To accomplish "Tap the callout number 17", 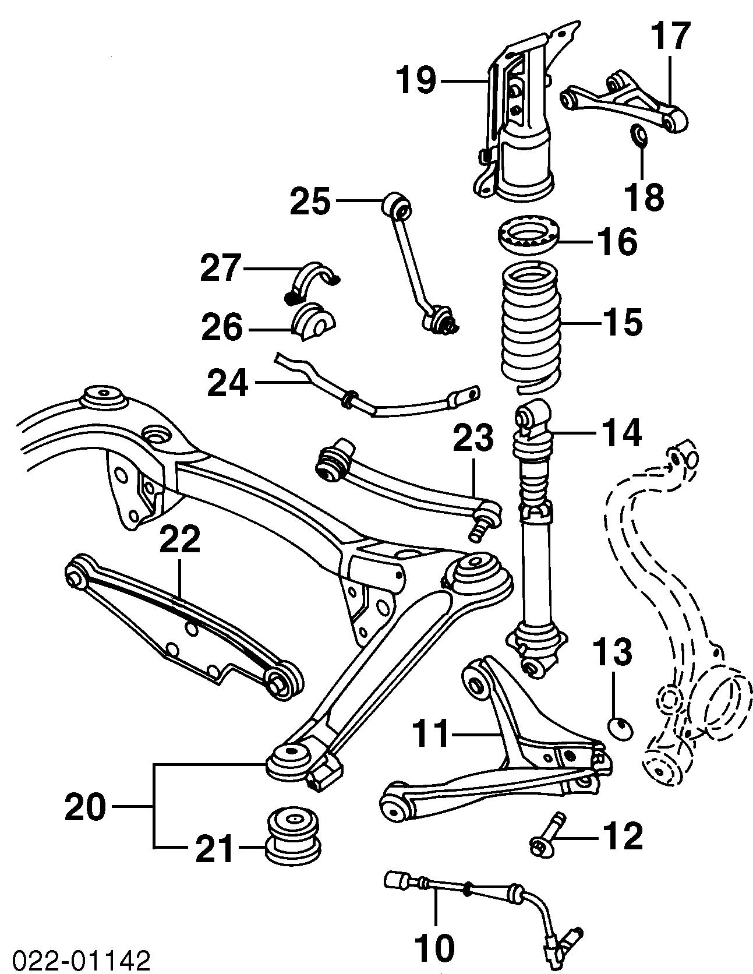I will point(670,37).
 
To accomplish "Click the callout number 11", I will point(432,735).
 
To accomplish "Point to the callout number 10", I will point(435,948).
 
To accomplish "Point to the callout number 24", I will point(228,383).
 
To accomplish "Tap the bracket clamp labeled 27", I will point(314,279).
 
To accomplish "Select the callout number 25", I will point(310,202).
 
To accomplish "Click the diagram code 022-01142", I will point(76,961).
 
